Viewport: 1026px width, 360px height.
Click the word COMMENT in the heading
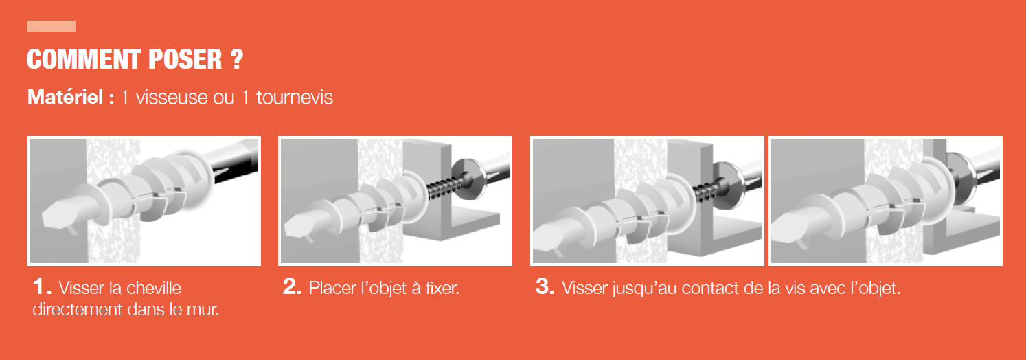pos(83,59)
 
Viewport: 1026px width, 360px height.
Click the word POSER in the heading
pos(185,59)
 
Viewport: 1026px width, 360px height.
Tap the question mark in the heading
pos(237,59)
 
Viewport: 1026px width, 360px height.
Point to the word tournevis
pos(294,98)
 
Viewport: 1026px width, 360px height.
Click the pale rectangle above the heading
pos(51,26)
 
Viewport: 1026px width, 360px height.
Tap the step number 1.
pos(42,286)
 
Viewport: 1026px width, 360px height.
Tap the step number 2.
pos(293,286)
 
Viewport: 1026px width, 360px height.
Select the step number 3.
pos(545,286)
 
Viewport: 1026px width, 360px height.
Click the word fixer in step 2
pos(442,288)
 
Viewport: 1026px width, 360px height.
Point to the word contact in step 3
pos(709,289)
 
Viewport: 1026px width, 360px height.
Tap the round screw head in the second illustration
pos(468,179)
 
